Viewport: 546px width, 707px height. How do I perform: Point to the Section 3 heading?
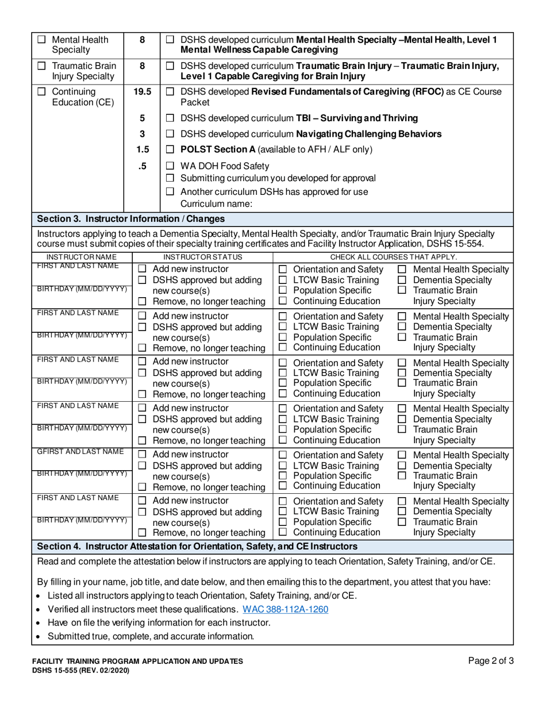click(x=130, y=218)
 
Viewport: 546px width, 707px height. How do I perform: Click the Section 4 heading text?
click(x=197, y=545)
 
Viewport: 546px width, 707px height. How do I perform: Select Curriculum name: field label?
click(x=217, y=203)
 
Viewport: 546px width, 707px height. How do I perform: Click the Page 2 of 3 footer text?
click(x=490, y=661)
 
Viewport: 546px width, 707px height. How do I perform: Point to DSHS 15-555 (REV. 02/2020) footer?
click(x=80, y=670)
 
